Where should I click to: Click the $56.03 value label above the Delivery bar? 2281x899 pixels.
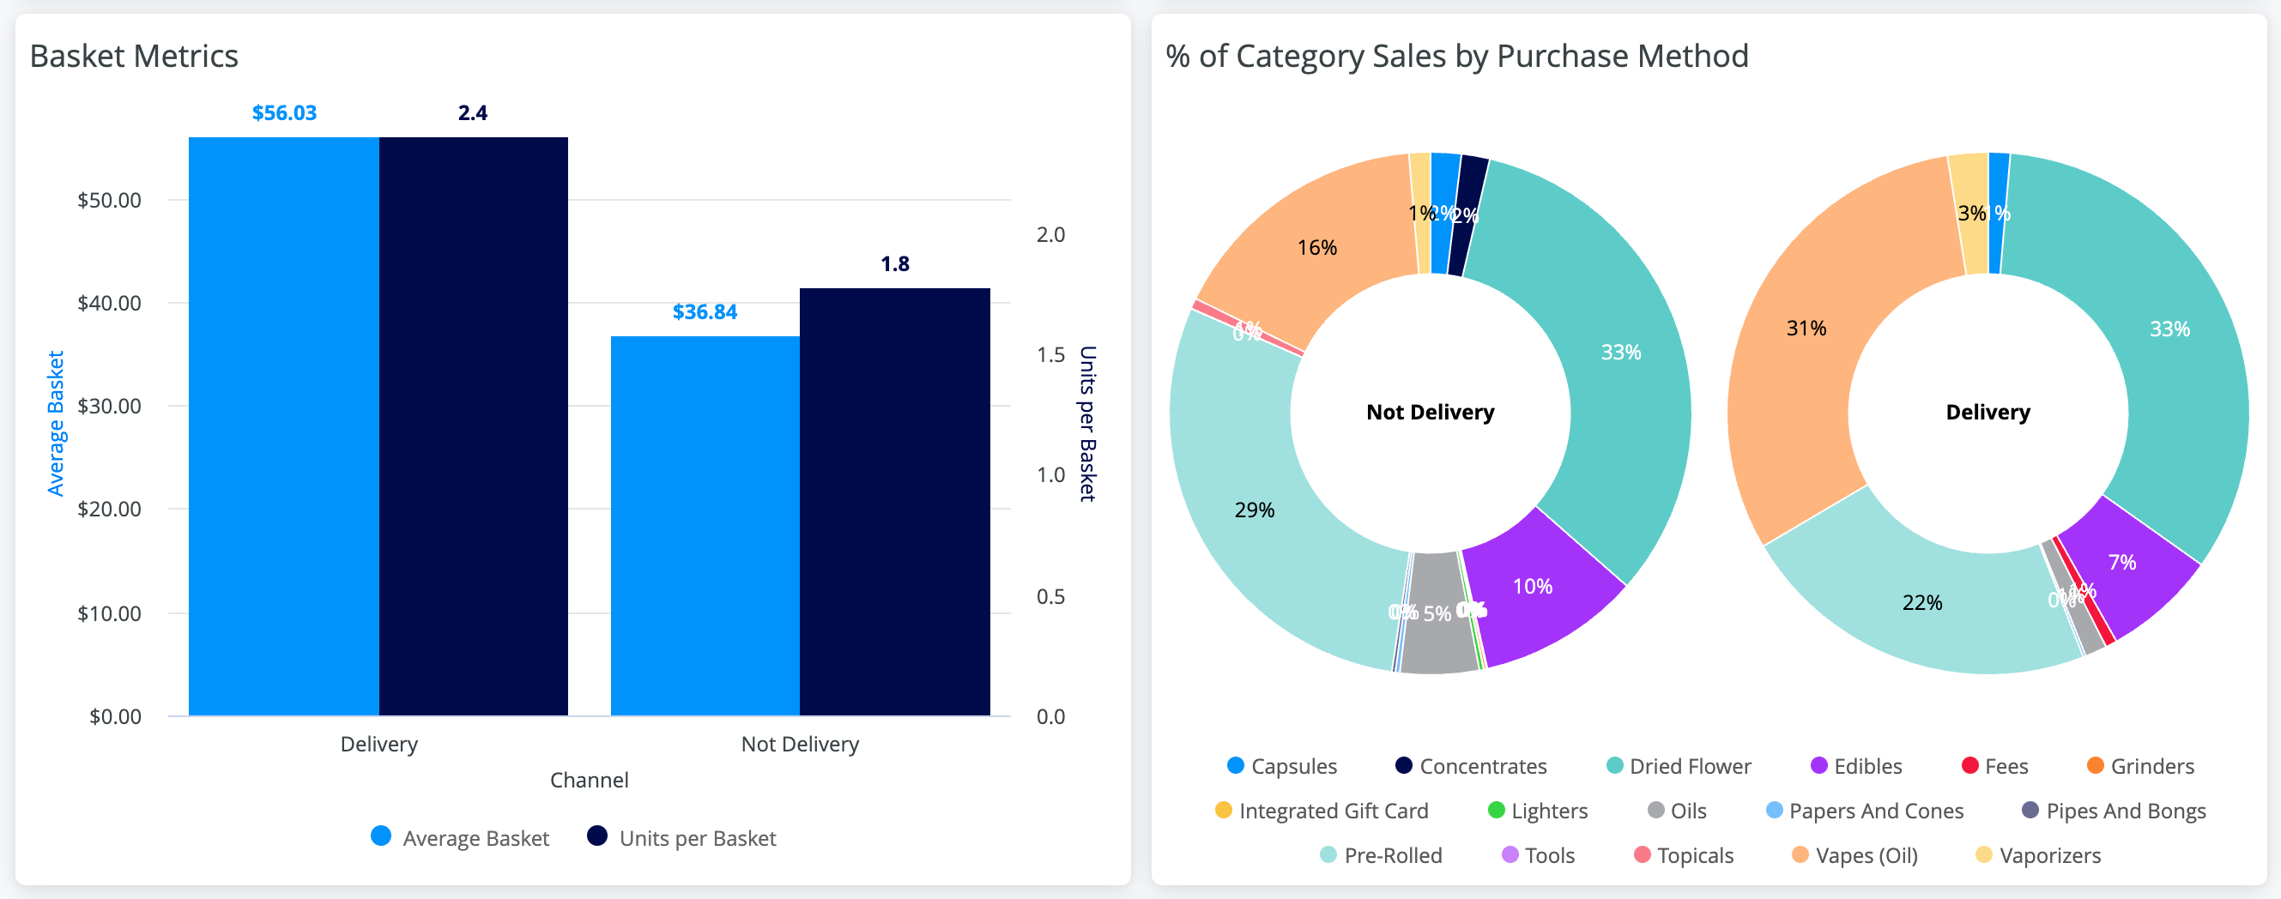(284, 113)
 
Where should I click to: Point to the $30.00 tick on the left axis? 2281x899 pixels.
(109, 406)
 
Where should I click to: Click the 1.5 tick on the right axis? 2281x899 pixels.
(1050, 355)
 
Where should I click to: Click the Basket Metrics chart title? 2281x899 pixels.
(134, 56)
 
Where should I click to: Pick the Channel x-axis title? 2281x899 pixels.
(589, 781)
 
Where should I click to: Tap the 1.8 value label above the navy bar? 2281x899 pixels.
(894, 263)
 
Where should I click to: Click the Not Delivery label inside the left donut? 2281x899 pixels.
(1430, 413)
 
